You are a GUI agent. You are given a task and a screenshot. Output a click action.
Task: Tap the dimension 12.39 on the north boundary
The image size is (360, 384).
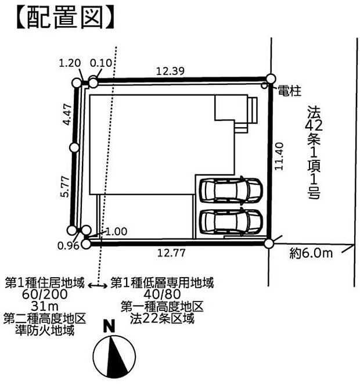pyautogui.click(x=170, y=71)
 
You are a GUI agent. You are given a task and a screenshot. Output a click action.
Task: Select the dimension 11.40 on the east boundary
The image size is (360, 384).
pyautogui.click(x=279, y=156)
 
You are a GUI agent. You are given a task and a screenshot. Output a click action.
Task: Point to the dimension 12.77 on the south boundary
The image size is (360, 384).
pyautogui.click(x=171, y=253)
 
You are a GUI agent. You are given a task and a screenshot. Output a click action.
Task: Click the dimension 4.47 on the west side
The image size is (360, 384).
pyautogui.click(x=68, y=114)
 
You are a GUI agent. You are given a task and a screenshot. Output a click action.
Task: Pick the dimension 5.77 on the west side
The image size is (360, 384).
pyautogui.click(x=66, y=186)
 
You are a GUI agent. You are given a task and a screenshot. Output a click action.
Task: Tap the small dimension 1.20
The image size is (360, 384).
pyautogui.click(x=70, y=63)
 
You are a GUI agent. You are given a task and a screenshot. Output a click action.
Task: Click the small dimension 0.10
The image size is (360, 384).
pyautogui.click(x=101, y=63)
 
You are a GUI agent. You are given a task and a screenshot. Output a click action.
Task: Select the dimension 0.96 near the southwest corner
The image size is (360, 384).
pyautogui.click(x=69, y=245)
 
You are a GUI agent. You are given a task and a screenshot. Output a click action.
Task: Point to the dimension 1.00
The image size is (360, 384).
pyautogui.click(x=116, y=231)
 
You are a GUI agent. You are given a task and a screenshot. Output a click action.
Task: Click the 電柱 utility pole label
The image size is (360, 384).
pyautogui.click(x=290, y=91)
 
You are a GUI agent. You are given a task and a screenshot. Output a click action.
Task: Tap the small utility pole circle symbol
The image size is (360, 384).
pyautogui.click(x=265, y=85)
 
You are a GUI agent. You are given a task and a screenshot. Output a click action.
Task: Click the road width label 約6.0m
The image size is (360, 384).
pyautogui.click(x=311, y=253)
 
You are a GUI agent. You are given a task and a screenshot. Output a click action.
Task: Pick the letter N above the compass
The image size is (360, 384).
pyautogui.click(x=109, y=326)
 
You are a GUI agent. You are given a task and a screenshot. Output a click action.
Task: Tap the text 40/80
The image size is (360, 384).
pyautogui.click(x=162, y=293)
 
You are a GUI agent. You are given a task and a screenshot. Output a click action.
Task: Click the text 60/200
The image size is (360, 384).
pyautogui.click(x=45, y=294)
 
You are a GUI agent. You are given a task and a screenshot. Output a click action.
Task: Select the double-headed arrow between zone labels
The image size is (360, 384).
pyautogui.click(x=98, y=286)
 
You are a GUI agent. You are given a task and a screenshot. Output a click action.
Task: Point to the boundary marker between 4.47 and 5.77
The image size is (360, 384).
pyautogui.click(x=74, y=148)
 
